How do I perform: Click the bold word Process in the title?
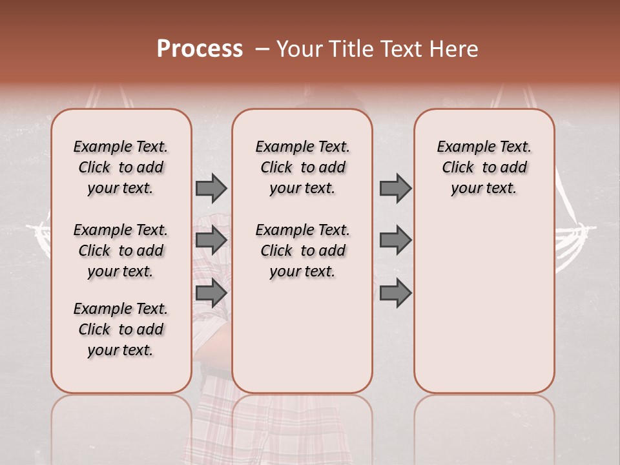[x=200, y=49]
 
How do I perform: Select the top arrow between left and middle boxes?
[x=211, y=189]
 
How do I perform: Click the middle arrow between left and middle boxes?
[x=211, y=240]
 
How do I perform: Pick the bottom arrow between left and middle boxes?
[x=211, y=293]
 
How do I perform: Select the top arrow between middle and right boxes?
[x=395, y=189]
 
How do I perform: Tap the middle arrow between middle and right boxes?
[x=395, y=240]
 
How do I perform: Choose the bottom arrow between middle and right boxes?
[x=395, y=293]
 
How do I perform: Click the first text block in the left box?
[x=121, y=167]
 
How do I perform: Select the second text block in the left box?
[x=121, y=251]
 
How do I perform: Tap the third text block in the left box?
[x=121, y=329]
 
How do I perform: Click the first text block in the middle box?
[x=302, y=167]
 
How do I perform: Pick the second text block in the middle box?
[x=302, y=251]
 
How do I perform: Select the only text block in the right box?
[x=484, y=167]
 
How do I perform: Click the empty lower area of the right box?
[x=484, y=304]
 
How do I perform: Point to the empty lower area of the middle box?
[x=302, y=336]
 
